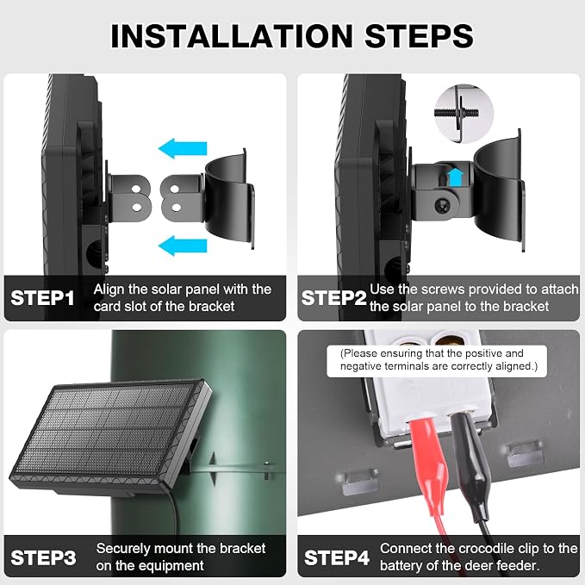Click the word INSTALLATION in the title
[232, 36]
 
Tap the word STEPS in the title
[419, 36]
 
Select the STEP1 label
[42, 298]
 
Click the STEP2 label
[333, 298]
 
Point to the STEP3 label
[43, 557]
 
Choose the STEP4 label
[337, 557]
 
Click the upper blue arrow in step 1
[183, 148]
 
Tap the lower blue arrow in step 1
[183, 246]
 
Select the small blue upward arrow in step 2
[456, 177]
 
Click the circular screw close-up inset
[464, 114]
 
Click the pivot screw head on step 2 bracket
[444, 204]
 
